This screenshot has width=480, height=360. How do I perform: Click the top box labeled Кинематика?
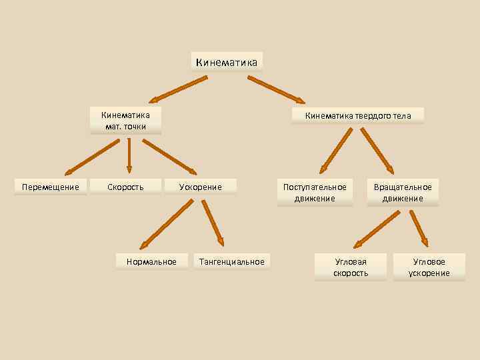(x=227, y=62)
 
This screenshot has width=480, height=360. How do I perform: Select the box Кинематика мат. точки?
(x=126, y=121)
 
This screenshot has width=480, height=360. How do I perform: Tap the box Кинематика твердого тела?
(x=358, y=116)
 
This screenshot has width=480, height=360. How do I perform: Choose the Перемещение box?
(x=51, y=187)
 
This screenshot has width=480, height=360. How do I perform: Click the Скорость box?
(x=125, y=187)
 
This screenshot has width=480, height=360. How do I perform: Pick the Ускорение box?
(x=200, y=187)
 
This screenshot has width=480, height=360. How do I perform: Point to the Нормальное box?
(x=151, y=262)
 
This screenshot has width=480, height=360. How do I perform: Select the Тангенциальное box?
(x=231, y=262)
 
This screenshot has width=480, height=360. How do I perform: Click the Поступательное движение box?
(x=315, y=193)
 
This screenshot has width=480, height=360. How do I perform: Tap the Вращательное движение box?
(x=403, y=193)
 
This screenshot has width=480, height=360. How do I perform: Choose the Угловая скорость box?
(x=351, y=267)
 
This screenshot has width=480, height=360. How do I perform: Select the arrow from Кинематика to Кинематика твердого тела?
(x=276, y=89)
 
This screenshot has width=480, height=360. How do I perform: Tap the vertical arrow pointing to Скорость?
(x=129, y=155)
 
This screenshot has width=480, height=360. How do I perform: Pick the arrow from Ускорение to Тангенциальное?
(x=213, y=223)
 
